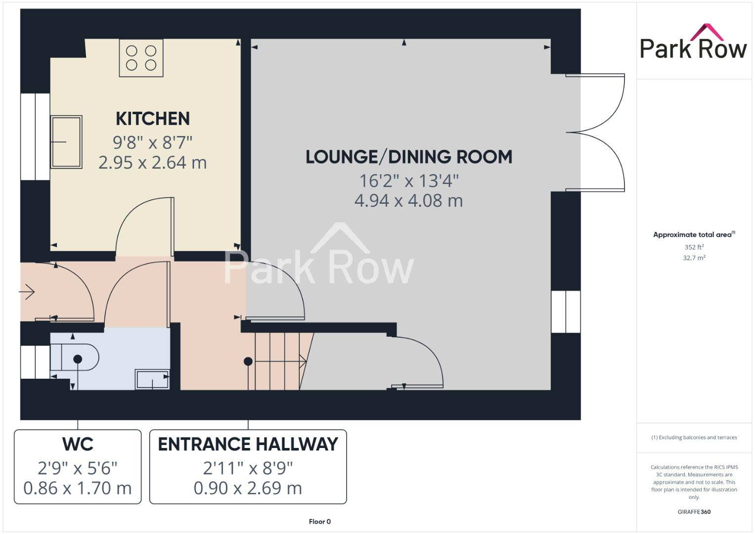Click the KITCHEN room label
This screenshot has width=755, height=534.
pyautogui.click(x=152, y=119)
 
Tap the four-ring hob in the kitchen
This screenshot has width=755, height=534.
pyautogui.click(x=141, y=58)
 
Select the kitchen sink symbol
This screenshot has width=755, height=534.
pyautogui.click(x=66, y=142)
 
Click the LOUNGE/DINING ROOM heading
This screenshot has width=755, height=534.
pyautogui.click(x=408, y=157)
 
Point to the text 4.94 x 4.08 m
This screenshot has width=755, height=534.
pyautogui.click(x=408, y=201)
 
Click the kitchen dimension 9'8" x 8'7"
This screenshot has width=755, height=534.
pyautogui.click(x=152, y=142)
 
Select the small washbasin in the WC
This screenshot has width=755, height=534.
pyautogui.click(x=152, y=379)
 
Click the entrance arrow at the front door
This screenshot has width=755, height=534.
pyautogui.click(x=27, y=292)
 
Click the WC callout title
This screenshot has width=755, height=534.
pyautogui.click(x=78, y=444)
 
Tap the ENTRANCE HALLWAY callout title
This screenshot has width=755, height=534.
pyautogui.click(x=248, y=444)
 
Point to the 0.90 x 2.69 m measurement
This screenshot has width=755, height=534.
pyautogui.click(x=248, y=489)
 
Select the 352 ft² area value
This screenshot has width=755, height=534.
pyautogui.click(x=694, y=247)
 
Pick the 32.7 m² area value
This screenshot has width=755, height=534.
pyautogui.click(x=694, y=258)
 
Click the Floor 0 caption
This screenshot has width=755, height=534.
pyautogui.click(x=319, y=522)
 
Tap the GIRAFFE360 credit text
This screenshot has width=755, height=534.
pyautogui.click(x=694, y=512)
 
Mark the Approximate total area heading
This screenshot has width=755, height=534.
pyautogui.click(x=694, y=235)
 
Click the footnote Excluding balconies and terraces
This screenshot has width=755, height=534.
pyautogui.click(x=694, y=438)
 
